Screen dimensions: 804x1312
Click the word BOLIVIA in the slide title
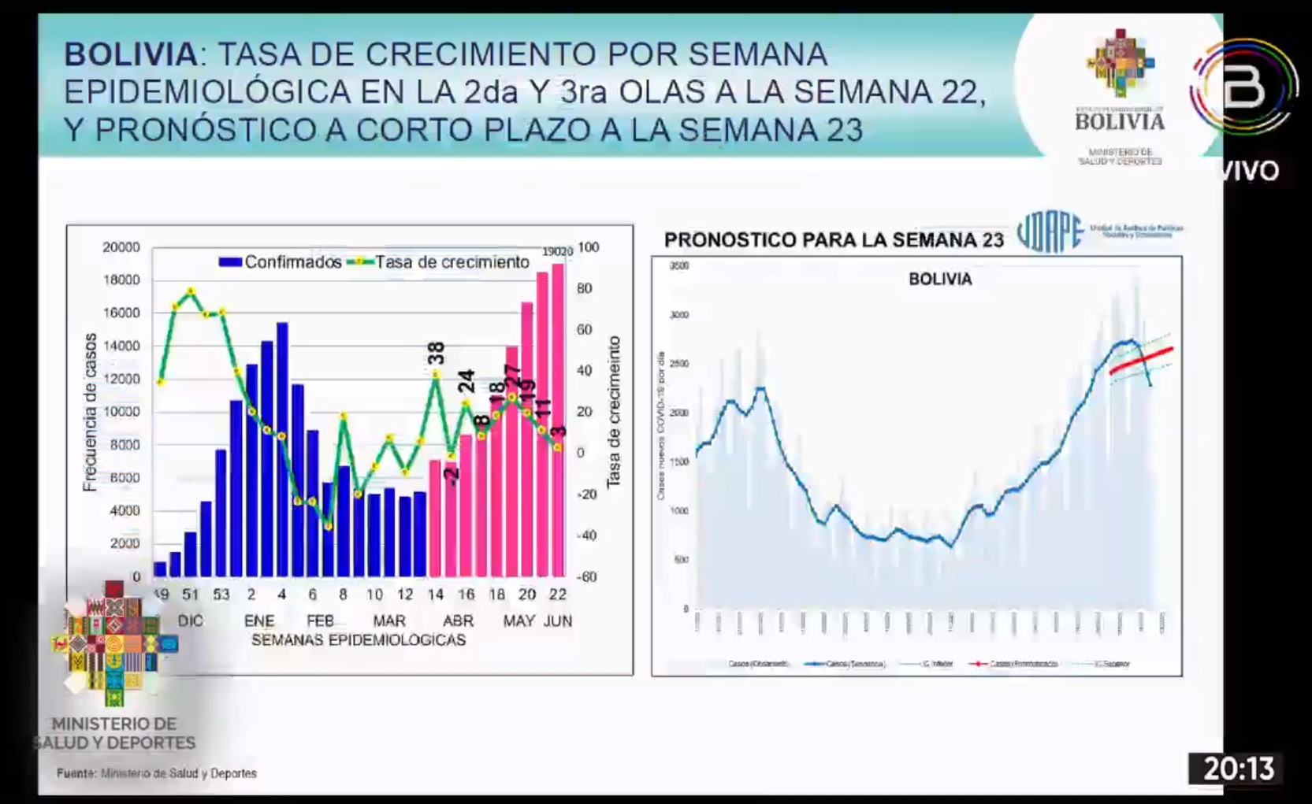[131, 54]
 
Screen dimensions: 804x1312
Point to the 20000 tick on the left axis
[121, 247]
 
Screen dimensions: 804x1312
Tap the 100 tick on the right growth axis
[588, 247]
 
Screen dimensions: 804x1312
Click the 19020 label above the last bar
[557, 252]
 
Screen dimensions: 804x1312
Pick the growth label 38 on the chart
[436, 353]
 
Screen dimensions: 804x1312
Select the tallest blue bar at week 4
[281, 449]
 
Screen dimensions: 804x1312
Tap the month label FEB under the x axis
[320, 621]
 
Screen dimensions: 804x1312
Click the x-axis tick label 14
[435, 595]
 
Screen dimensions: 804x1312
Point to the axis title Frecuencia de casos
[90, 412]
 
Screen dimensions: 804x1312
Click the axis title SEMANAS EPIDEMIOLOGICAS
[358, 640]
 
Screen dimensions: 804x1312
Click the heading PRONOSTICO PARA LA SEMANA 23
[833, 240]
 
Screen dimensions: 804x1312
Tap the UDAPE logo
[1050, 232]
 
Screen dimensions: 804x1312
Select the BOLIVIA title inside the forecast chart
[939, 280]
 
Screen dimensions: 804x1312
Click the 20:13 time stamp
[1238, 769]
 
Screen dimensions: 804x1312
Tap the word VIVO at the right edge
[1251, 171]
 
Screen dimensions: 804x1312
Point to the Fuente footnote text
[156, 773]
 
